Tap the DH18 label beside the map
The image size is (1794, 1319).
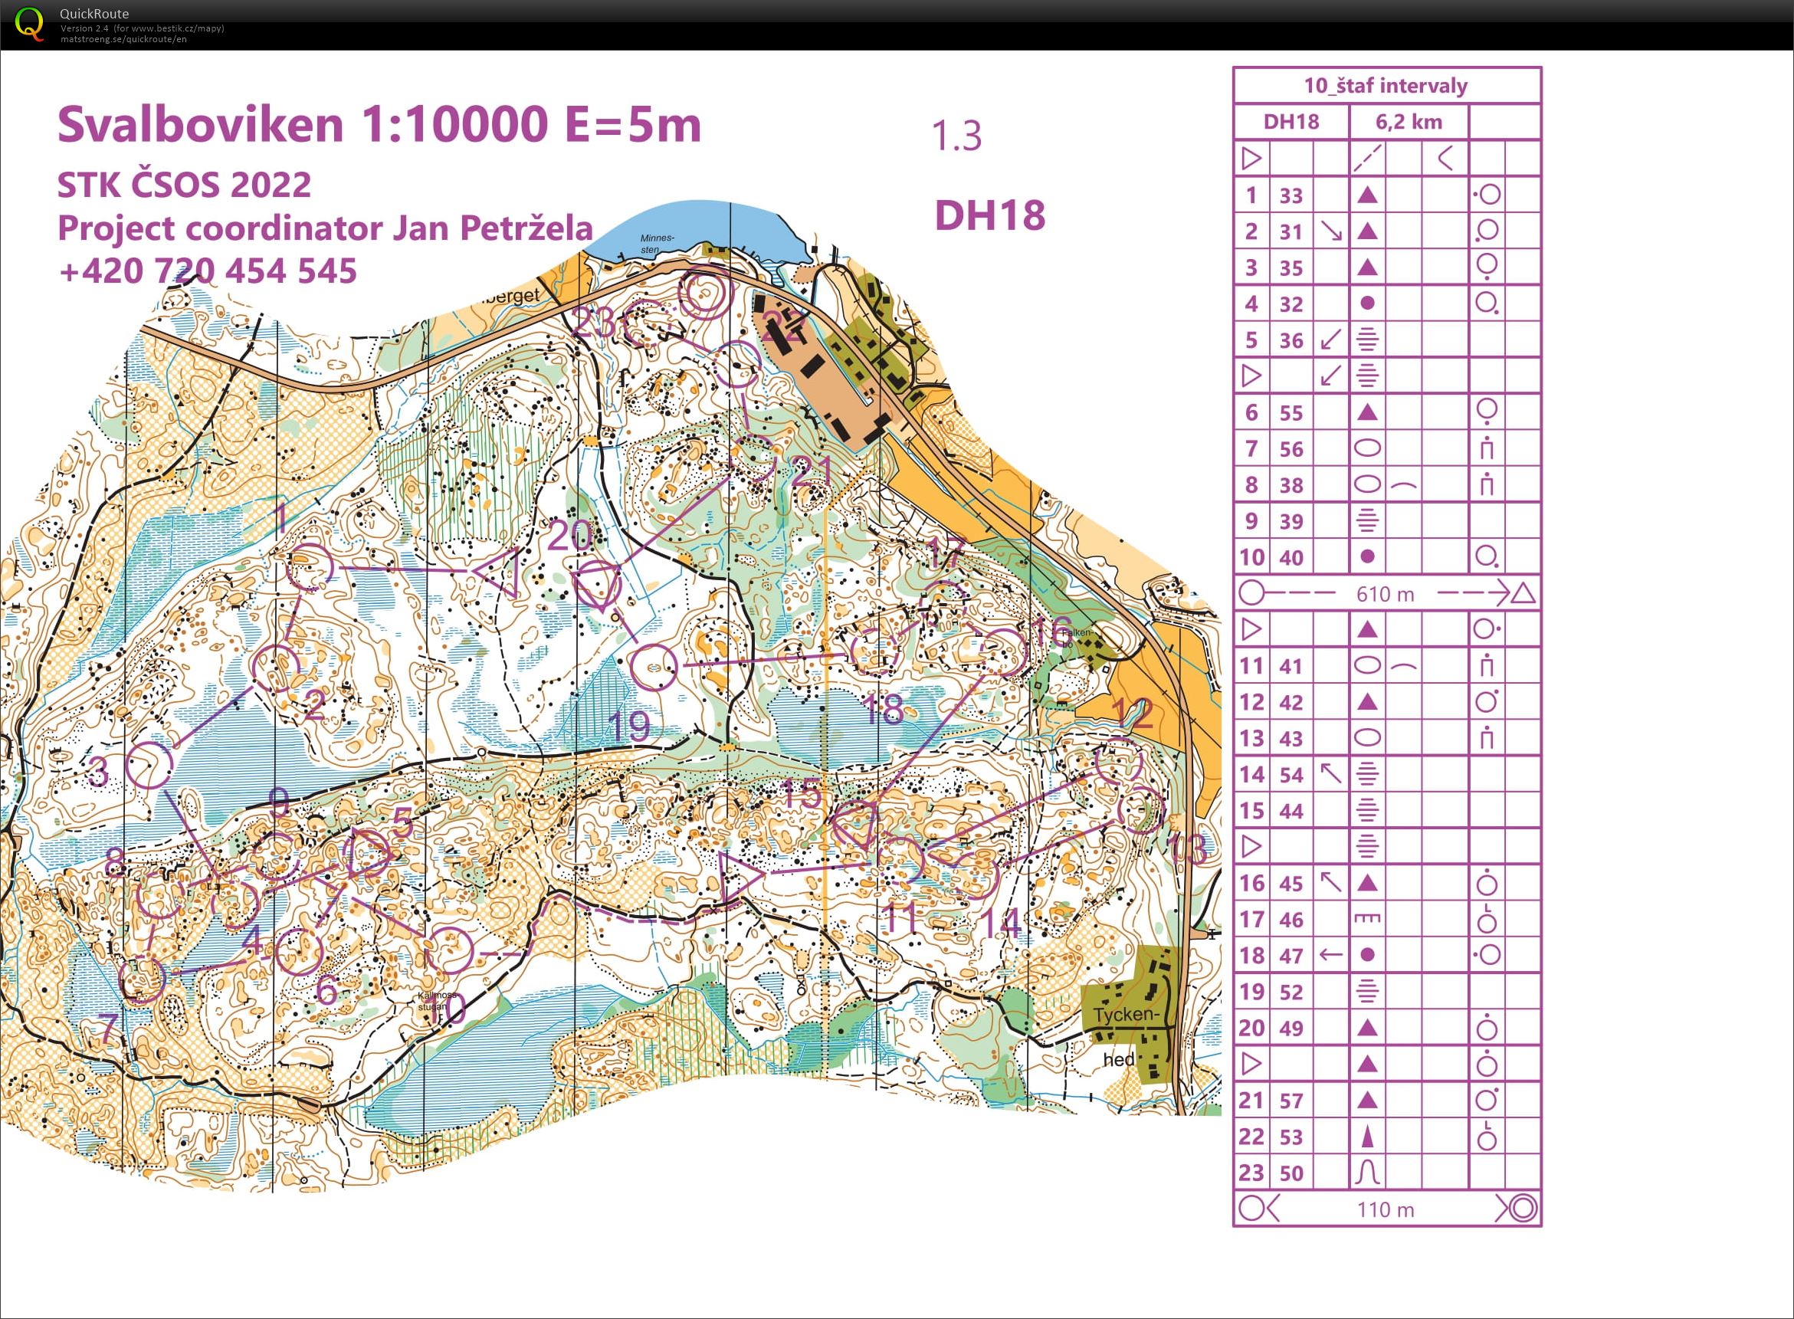(989, 215)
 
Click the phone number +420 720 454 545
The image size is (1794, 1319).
(208, 271)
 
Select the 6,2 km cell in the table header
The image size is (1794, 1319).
(1409, 122)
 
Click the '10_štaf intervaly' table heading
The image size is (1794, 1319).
(1386, 85)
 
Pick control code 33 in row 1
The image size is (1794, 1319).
(1291, 195)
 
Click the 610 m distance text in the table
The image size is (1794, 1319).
(1385, 594)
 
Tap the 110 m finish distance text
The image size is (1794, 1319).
(1385, 1209)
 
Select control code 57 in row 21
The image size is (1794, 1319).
(1291, 1101)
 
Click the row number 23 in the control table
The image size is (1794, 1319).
(1251, 1173)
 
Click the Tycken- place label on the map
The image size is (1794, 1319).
(1124, 1015)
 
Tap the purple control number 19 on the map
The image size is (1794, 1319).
(629, 726)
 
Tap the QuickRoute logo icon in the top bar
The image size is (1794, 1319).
(30, 24)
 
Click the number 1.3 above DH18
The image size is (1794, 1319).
(956, 136)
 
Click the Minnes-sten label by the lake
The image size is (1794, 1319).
(657, 244)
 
